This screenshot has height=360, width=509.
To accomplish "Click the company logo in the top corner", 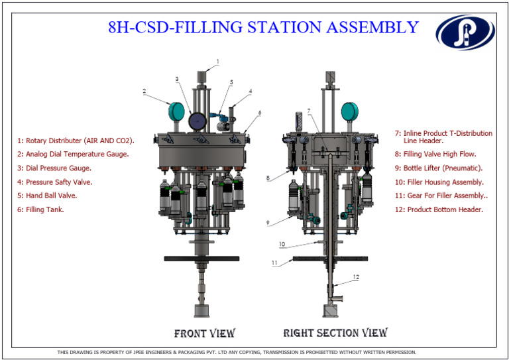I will (465, 32).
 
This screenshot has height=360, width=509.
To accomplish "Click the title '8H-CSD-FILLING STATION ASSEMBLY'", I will (263, 27).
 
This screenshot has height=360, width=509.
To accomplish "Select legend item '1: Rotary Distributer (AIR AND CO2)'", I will (76, 141).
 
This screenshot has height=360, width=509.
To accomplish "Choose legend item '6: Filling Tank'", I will (40, 210).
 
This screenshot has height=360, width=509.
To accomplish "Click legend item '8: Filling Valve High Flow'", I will (439, 154).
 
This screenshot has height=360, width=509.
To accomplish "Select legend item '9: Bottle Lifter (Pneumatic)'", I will (443, 168).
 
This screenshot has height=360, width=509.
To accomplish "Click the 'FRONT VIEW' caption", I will (204, 333).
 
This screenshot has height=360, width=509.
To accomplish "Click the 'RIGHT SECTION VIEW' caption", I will (335, 333).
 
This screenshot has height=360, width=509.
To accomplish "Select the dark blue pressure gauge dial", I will (197, 121).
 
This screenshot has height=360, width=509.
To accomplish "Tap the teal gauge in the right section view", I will (348, 111).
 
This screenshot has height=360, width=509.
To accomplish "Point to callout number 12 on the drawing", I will (355, 277).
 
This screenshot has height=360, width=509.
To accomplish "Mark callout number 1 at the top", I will (216, 60).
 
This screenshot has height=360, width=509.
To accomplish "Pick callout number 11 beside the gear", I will (275, 263).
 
